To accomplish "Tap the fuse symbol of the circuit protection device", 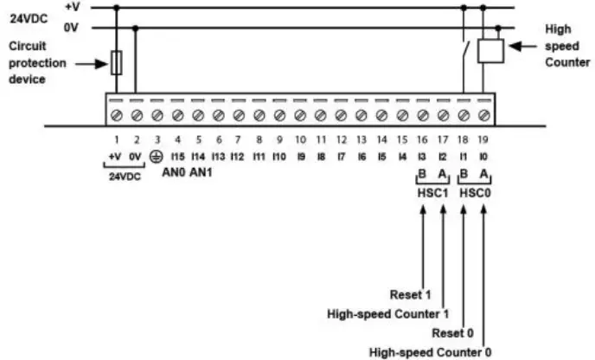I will tap(116, 63).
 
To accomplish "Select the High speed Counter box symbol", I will tap(491, 50).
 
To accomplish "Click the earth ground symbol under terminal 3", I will tap(157, 156).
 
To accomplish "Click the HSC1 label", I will tap(432, 191).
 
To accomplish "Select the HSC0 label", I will tap(472, 191).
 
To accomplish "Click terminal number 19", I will tap(483, 138).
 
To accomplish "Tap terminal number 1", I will tap(116, 138).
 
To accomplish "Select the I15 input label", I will tap(176, 156).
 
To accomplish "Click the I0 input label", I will tap(483, 156).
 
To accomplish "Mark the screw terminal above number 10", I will tap(299, 115).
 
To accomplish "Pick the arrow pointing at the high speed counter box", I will tap(522, 46).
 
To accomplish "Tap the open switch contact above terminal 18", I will tap(465, 50).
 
